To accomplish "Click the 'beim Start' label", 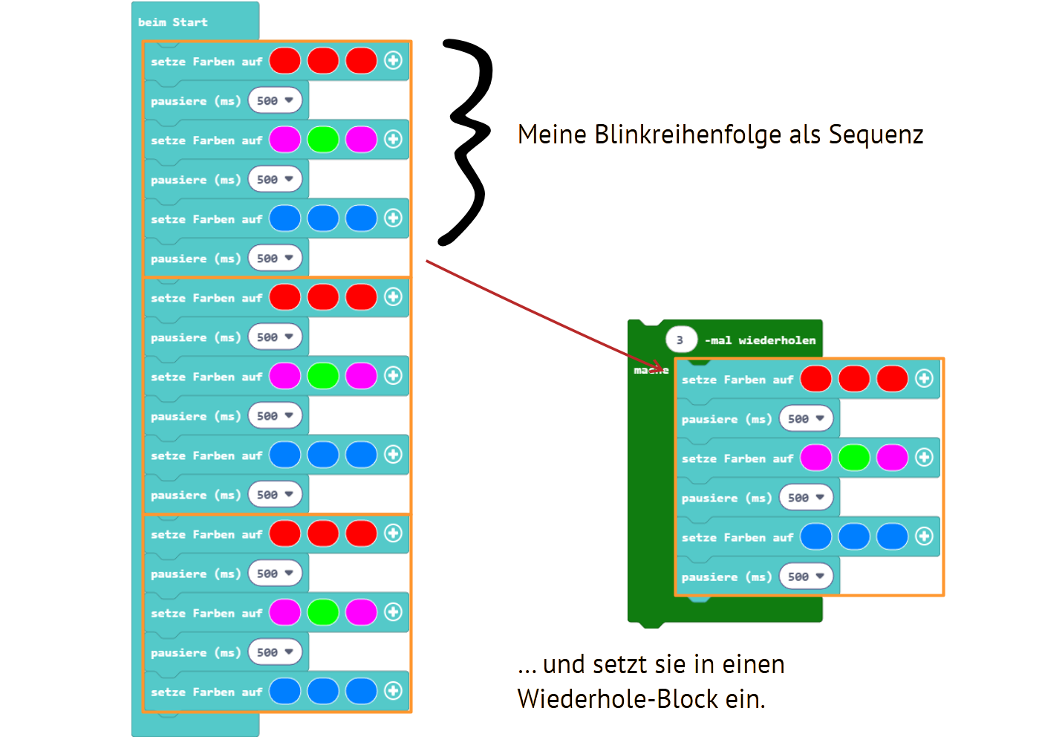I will (x=172, y=22).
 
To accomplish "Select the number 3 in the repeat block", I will (x=680, y=340).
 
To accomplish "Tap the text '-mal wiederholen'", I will (x=760, y=340).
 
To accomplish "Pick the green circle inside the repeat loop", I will (x=854, y=458).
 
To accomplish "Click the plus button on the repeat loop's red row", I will (x=924, y=379).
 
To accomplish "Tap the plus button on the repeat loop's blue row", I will (x=924, y=536).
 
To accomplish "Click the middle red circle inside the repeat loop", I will (x=854, y=379).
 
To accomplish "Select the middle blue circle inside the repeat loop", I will (x=854, y=536).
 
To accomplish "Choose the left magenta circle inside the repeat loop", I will (x=815, y=458).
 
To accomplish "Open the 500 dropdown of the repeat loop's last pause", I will (x=806, y=576).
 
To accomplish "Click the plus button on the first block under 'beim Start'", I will (x=393, y=61).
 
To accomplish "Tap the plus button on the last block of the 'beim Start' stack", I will (x=393, y=691).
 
